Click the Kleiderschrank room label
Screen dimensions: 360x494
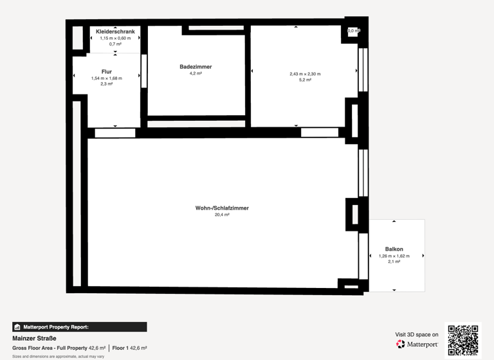(115, 32)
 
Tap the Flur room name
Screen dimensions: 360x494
(107, 71)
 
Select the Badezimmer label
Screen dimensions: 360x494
(196, 67)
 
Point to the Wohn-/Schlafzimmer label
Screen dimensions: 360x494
(222, 208)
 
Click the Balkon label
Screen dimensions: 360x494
(394, 249)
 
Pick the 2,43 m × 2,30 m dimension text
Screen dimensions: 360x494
(305, 74)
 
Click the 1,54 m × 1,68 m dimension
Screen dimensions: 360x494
(107, 78)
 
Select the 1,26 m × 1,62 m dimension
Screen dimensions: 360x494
(394, 256)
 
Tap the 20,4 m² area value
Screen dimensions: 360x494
(222, 215)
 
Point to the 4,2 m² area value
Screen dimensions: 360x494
(196, 73)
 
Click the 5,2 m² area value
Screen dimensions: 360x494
(305, 80)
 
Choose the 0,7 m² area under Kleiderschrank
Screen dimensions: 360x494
(115, 44)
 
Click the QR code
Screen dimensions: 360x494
(463, 340)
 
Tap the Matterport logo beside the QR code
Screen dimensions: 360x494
(417, 345)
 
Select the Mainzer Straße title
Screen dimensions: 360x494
(34, 338)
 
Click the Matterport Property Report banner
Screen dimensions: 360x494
(79, 327)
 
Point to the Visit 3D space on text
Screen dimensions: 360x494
(417, 334)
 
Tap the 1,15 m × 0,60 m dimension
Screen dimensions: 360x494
(115, 38)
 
